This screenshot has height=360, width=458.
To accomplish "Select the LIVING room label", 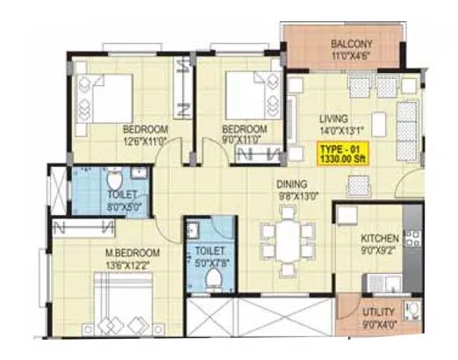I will pyautogui.click(x=334, y=119).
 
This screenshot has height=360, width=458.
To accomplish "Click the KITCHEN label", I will pyautogui.click(x=381, y=239).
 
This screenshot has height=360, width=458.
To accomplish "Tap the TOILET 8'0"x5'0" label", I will pyautogui.click(x=119, y=193).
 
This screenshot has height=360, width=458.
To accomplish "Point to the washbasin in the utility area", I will pyautogui.click(x=411, y=311).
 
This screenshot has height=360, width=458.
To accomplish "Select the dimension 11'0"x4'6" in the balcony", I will pyautogui.click(x=353, y=56).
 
